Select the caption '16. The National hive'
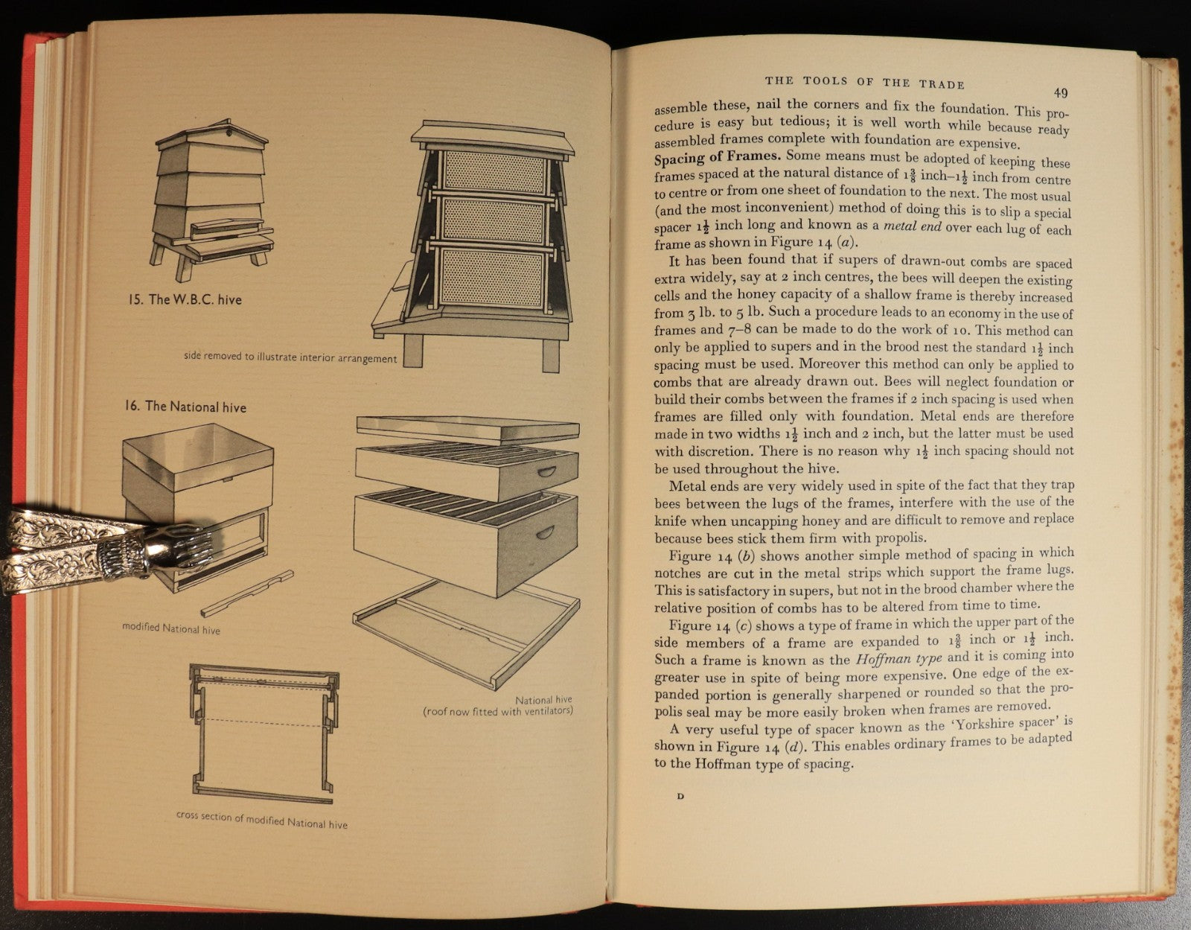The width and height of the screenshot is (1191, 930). point(185,407)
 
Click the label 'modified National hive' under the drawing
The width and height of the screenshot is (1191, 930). point(171,628)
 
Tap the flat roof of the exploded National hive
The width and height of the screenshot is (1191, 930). point(467,430)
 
